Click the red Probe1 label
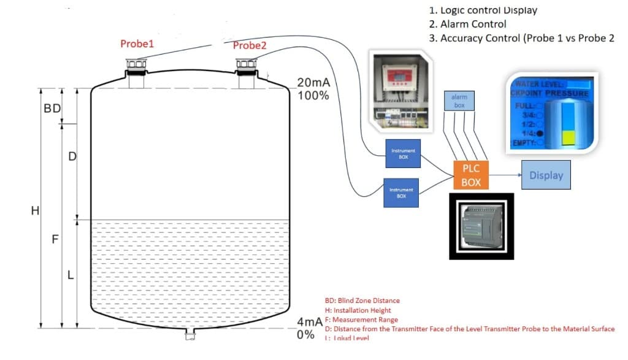pos(137,44)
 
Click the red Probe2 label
pos(250,45)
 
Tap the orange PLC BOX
pos(471,175)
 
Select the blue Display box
pos(546,175)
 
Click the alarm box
pos(459,101)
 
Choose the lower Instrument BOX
pos(401,192)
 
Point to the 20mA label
pos(313,83)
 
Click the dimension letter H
pos(35,211)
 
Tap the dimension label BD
pos(52,109)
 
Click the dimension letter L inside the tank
pos(71,275)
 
